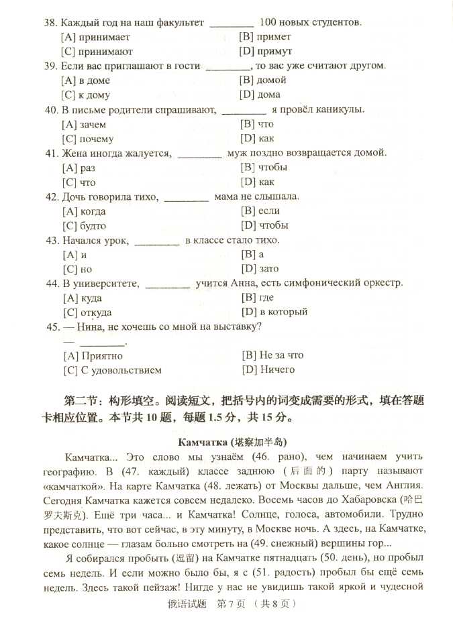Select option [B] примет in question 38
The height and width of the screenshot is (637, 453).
coord(265,37)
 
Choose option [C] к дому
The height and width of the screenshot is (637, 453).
coord(85,95)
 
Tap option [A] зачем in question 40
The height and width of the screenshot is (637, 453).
coord(84,125)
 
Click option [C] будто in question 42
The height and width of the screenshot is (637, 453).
coord(84,226)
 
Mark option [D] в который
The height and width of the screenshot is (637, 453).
coord(274,312)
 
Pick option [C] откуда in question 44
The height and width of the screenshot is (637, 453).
coord(87,312)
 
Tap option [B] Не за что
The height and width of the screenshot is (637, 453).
coord(272,355)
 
